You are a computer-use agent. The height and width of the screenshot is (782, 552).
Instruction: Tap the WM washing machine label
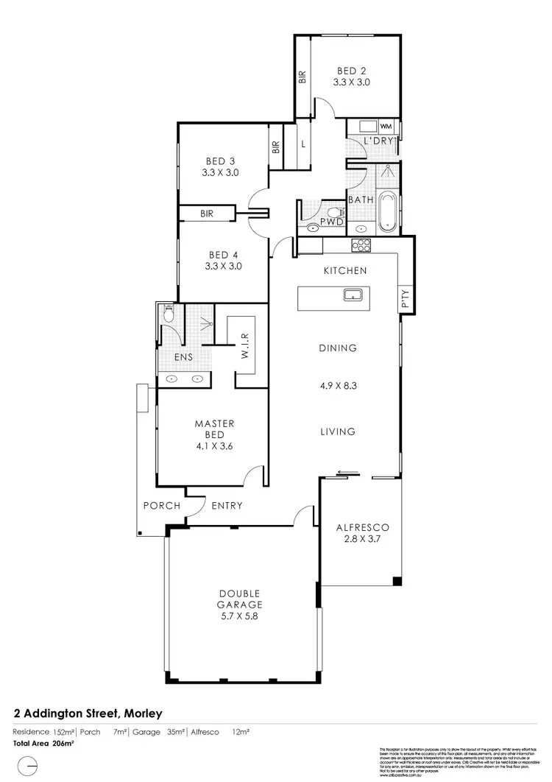(386, 127)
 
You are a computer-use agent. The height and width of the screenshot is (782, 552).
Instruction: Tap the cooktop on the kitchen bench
(362, 246)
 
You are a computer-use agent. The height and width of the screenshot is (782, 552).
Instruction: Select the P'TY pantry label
(406, 298)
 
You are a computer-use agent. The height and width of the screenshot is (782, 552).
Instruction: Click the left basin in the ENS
(171, 379)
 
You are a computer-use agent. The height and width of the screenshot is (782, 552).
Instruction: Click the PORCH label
(161, 506)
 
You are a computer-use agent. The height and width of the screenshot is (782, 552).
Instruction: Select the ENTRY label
(227, 506)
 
